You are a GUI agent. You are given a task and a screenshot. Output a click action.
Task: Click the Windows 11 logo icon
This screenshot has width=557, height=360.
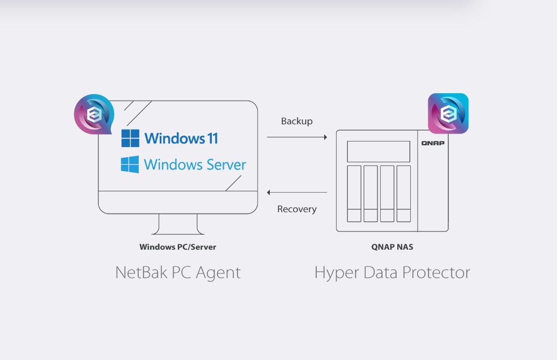[130, 138]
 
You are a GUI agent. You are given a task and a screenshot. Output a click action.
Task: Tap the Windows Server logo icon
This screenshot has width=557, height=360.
[130, 164]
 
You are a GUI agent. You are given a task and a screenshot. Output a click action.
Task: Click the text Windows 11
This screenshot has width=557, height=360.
[181, 138]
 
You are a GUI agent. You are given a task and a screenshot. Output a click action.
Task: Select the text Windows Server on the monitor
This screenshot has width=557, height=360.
[195, 164]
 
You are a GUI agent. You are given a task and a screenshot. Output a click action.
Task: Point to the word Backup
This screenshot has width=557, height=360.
[297, 121]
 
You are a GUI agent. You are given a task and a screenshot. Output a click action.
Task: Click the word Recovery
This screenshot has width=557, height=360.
[297, 209]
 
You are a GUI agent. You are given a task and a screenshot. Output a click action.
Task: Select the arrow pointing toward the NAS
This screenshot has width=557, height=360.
[297, 138]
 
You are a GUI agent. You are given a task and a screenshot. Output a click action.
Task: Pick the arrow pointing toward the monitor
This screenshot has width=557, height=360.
[297, 192]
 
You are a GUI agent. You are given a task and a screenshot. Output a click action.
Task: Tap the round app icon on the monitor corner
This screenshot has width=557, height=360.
[94, 115]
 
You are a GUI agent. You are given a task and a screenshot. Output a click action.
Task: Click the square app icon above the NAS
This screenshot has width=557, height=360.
[448, 114]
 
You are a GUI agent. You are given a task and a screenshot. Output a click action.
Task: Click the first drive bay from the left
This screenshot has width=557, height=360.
[354, 193]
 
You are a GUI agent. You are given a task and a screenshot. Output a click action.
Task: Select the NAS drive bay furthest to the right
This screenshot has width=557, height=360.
[403, 193]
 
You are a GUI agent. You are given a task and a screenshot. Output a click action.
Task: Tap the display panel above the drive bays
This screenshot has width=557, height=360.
[379, 151]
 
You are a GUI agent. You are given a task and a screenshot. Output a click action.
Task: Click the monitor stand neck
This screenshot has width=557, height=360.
[178, 223]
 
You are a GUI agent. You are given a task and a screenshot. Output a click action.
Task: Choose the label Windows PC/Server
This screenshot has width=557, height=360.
[178, 247]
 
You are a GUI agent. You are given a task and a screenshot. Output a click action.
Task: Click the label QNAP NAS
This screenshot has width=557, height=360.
[392, 247]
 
